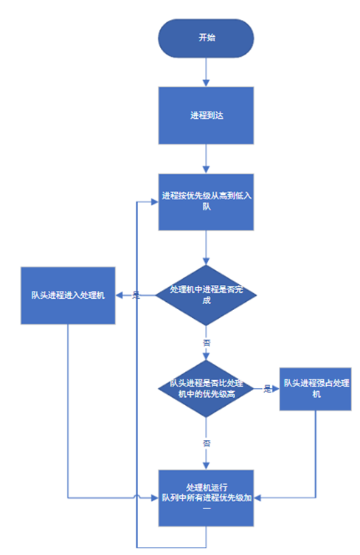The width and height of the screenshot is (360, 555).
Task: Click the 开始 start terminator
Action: (x=207, y=38)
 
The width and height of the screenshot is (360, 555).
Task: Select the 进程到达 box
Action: (x=207, y=116)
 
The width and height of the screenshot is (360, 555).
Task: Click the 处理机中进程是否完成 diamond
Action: (x=207, y=295)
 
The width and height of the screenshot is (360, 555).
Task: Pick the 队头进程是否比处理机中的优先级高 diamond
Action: (x=207, y=389)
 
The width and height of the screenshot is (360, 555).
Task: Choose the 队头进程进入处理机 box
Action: (x=68, y=295)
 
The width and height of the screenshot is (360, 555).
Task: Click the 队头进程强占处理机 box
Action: (x=316, y=388)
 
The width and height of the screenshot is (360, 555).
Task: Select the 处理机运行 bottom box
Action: (x=207, y=497)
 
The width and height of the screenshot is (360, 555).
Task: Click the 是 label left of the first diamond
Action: (x=136, y=295)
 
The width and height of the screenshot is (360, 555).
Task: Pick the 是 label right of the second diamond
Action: (x=267, y=389)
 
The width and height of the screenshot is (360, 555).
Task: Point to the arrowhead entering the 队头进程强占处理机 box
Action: (x=277, y=389)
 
